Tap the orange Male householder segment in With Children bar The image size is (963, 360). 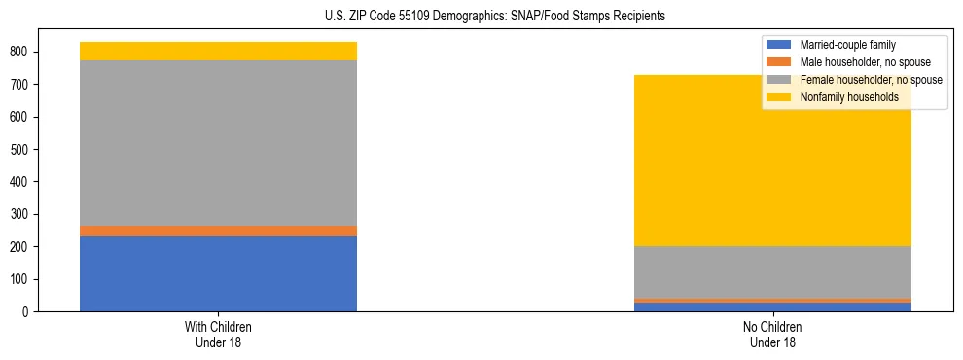tap(218, 231)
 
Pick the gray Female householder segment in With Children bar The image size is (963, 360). tap(218, 143)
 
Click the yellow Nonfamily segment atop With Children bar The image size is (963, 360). tap(218, 51)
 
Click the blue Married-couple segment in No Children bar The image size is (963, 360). tap(773, 306)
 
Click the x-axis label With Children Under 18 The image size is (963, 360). tap(218, 334)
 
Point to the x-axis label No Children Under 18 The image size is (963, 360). tap(773, 334)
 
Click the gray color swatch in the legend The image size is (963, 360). tap(779, 80)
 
